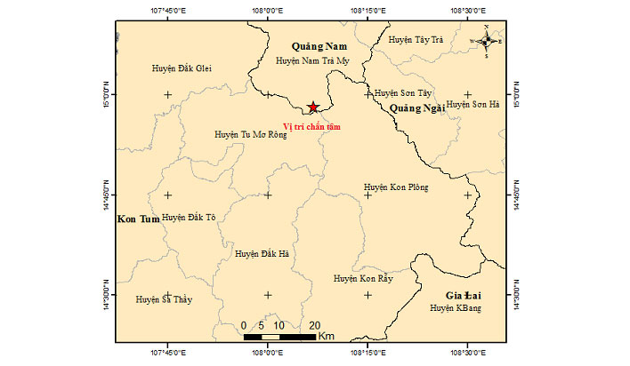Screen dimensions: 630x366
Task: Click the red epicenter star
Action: point(312,107)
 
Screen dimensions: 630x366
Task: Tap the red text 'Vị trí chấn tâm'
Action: point(312,126)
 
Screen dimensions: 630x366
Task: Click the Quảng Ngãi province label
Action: point(416,107)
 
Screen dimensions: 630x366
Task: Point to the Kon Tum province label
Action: point(137,218)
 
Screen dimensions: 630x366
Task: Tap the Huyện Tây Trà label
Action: point(416,40)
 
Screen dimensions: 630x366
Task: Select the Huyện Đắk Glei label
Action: point(182,68)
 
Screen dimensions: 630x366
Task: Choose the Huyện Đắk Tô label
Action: point(190,218)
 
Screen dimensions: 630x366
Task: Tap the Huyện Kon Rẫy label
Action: point(363,279)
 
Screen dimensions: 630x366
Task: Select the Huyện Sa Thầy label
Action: point(164,300)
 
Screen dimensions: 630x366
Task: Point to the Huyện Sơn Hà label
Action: point(473,104)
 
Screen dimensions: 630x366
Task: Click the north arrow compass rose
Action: point(486,41)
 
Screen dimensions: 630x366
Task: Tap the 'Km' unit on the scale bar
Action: point(327,337)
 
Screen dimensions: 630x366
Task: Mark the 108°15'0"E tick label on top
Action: point(367,12)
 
